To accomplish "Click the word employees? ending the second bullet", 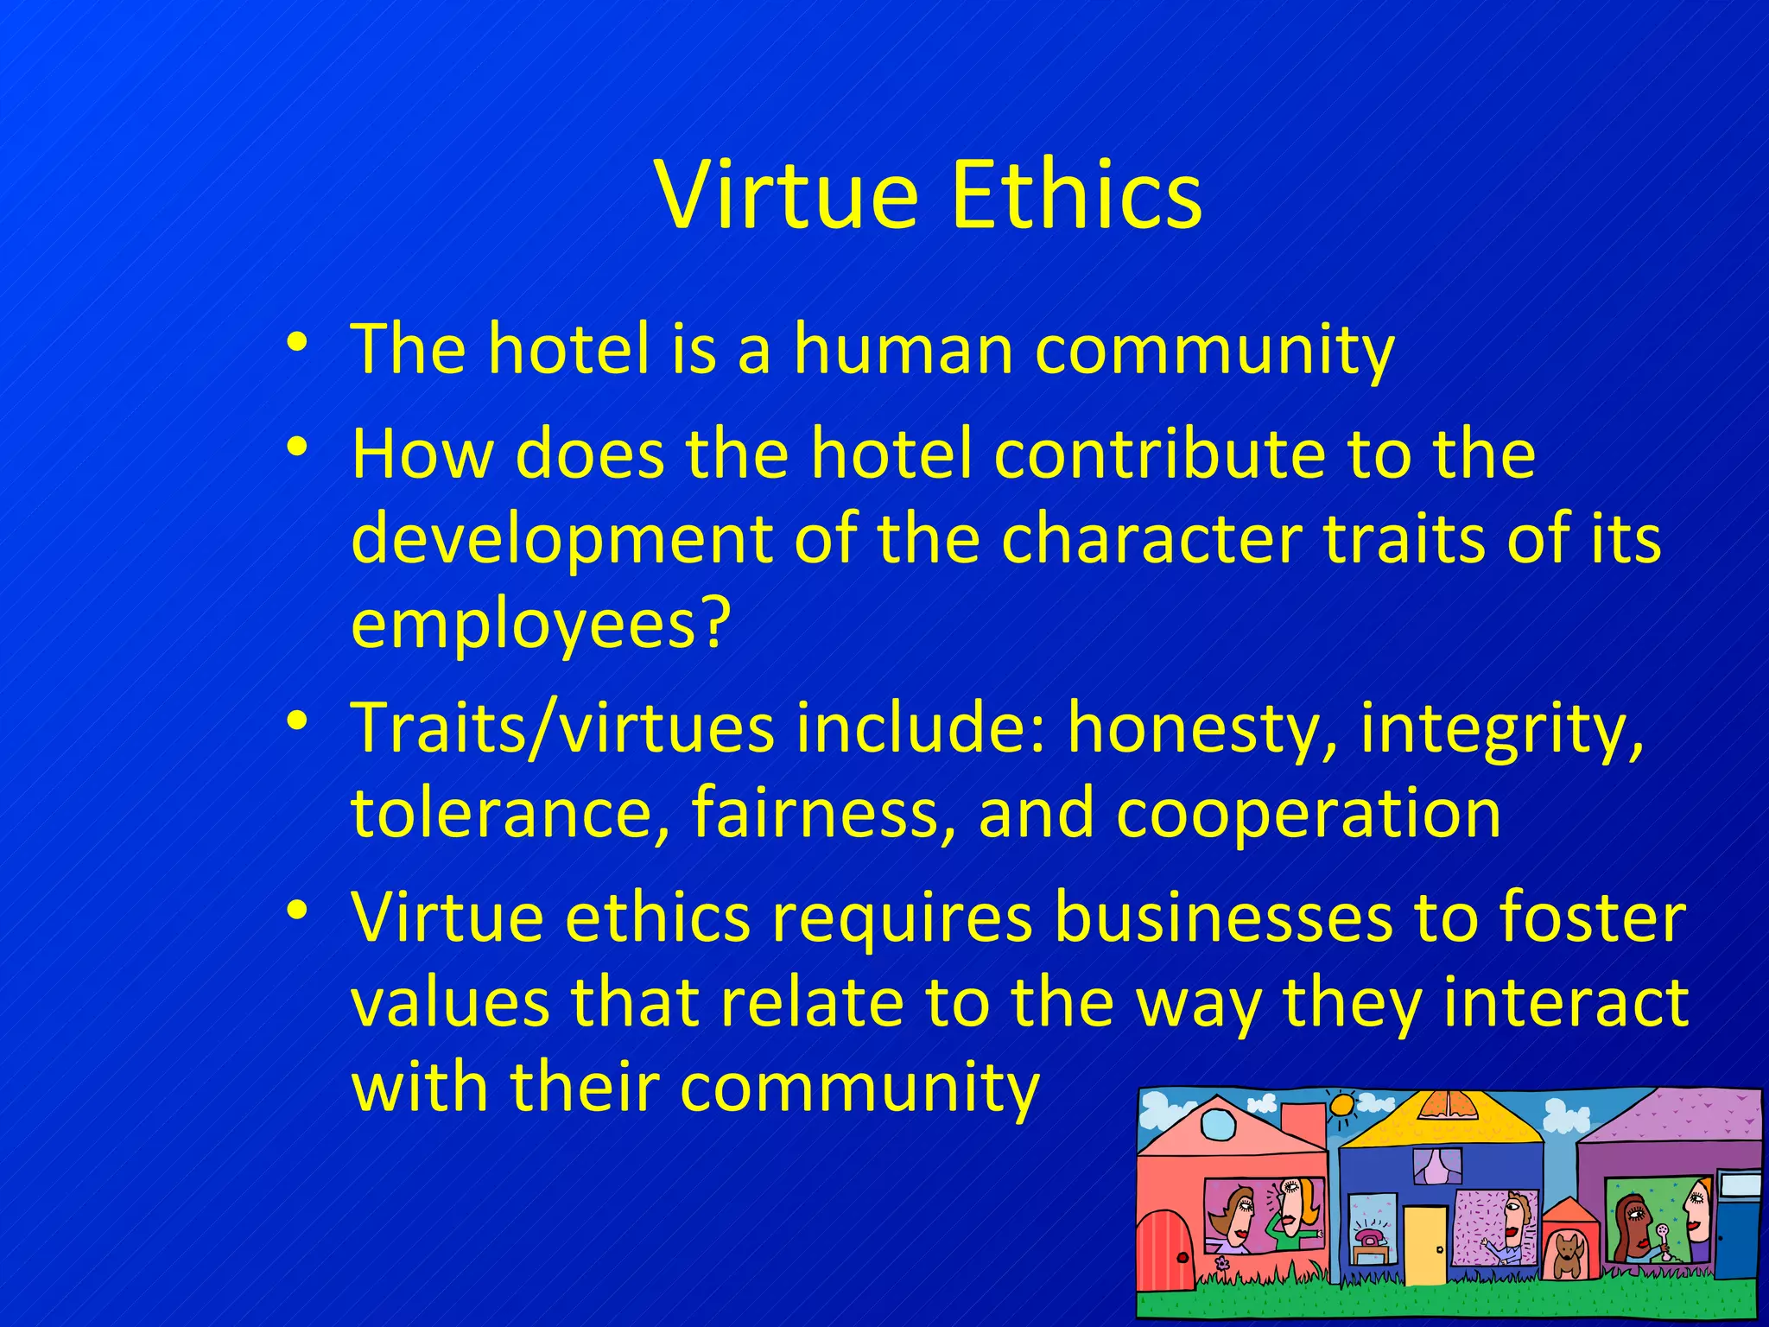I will point(541,624).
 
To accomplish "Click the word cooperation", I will point(1308,814).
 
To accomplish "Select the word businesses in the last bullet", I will point(1223,917).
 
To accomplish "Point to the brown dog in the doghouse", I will point(1566,1254).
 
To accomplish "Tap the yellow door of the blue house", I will point(1424,1245).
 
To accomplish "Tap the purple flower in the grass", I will point(1221,1263).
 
